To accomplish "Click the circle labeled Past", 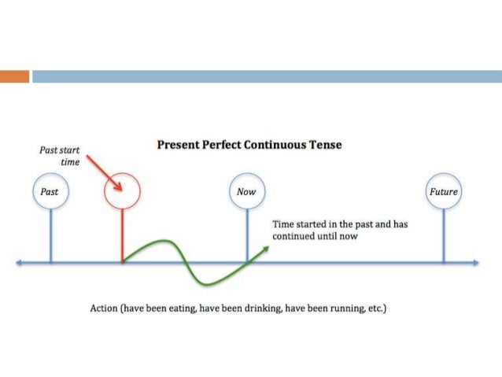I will click(x=50, y=192).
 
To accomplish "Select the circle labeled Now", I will click(x=247, y=192).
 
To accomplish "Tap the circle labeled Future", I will click(x=443, y=192).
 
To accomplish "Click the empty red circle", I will click(x=122, y=191).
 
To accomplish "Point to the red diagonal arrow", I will click(x=103, y=173).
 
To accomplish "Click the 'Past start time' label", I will click(x=60, y=154).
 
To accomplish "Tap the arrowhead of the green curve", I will click(x=265, y=249).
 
